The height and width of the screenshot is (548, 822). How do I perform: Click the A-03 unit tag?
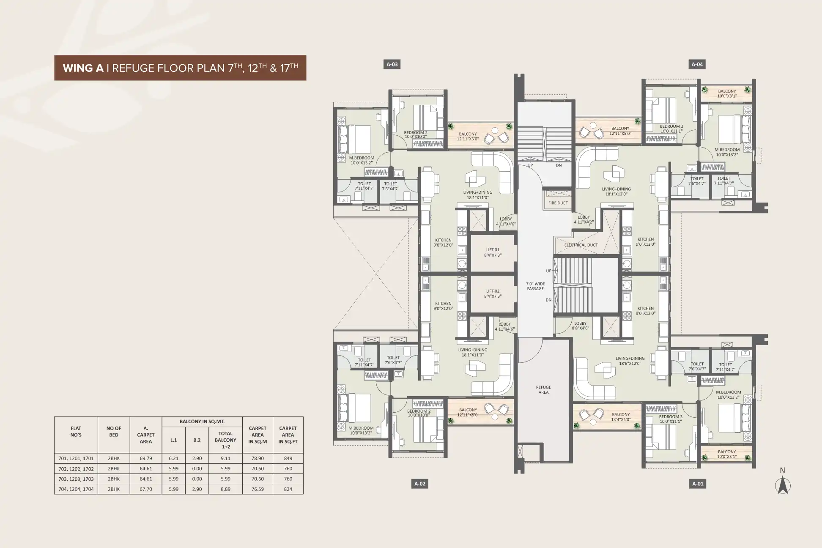[392, 64]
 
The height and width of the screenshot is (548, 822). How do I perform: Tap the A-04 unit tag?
[697, 64]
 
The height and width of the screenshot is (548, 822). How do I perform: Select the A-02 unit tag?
[419, 484]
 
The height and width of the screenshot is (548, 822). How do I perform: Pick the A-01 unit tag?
[698, 484]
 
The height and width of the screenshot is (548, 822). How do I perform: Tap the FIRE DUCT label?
[558, 203]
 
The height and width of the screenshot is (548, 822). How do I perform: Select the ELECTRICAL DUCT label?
[581, 245]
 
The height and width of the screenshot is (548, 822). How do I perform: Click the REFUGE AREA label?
[543, 390]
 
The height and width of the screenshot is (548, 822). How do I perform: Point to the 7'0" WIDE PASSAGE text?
[535, 286]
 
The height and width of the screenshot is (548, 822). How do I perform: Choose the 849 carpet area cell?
[288, 458]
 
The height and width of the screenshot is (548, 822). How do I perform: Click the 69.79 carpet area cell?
[146, 458]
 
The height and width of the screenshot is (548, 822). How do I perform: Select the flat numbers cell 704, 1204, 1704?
[76, 489]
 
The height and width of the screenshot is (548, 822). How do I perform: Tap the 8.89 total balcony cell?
[225, 489]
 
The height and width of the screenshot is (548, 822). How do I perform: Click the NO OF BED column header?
[114, 432]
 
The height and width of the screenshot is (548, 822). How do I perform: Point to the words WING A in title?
[83, 68]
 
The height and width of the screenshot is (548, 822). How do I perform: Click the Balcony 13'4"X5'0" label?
[621, 417]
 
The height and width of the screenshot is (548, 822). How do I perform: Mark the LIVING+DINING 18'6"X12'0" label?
[630, 361]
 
